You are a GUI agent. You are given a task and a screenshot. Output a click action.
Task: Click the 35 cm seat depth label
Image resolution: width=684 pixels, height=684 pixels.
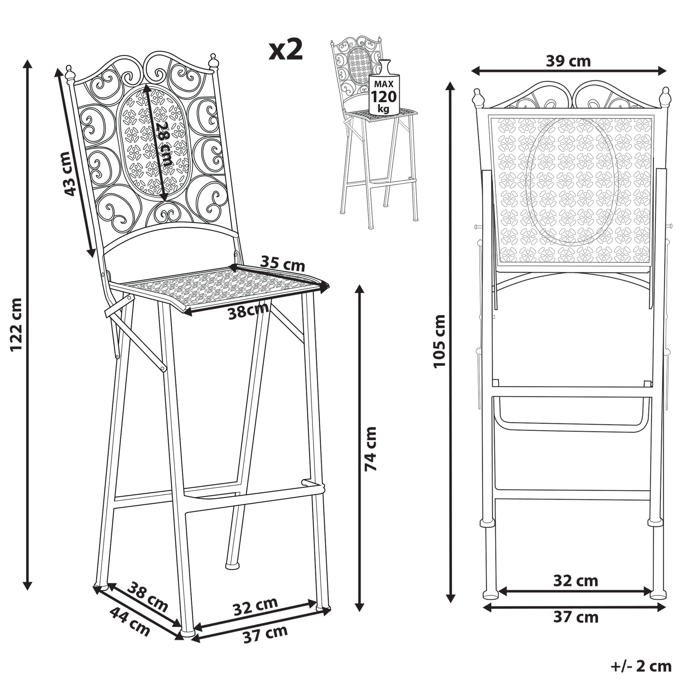pos(282,264)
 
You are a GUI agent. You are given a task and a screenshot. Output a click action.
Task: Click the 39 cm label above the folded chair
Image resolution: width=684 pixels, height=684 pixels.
pos(568,61)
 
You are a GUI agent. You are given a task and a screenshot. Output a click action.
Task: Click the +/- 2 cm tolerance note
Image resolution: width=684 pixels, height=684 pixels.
pos(641,667)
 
